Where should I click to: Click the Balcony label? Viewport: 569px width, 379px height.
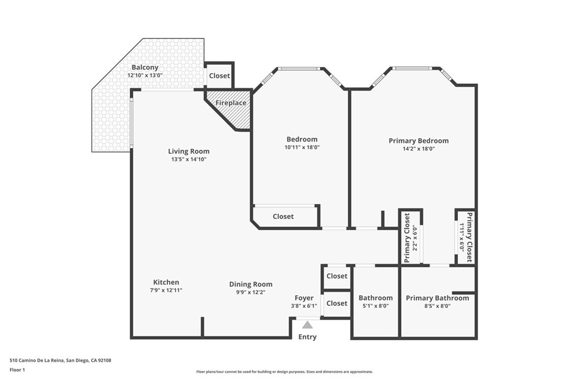pyautogui.click(x=145, y=67)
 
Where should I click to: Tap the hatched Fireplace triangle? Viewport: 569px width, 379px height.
pyautogui.click(x=233, y=114)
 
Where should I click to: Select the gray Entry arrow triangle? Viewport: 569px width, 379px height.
pyautogui.click(x=307, y=325)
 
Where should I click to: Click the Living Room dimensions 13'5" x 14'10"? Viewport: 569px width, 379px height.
pyautogui.click(x=189, y=159)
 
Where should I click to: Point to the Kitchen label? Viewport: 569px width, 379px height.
pyautogui.click(x=166, y=282)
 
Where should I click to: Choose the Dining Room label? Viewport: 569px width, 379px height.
pyautogui.click(x=251, y=284)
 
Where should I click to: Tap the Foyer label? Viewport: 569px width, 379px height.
pyautogui.click(x=304, y=298)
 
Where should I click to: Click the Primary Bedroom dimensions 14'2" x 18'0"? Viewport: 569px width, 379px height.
pyautogui.click(x=418, y=149)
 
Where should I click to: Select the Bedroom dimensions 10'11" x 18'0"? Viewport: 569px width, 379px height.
pyautogui.click(x=302, y=147)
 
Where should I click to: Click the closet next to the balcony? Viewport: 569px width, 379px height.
pyautogui.click(x=219, y=75)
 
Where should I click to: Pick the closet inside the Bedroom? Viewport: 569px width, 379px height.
pyautogui.click(x=283, y=216)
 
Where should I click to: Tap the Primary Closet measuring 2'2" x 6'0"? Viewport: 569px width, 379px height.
pyautogui.click(x=410, y=237)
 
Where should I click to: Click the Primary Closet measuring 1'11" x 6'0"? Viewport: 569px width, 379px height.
pyautogui.click(x=466, y=237)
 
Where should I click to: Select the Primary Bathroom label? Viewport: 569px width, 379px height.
pyautogui.click(x=437, y=298)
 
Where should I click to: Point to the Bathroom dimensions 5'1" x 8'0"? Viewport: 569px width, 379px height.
pyautogui.click(x=376, y=306)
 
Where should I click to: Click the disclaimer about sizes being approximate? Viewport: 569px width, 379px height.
pyautogui.click(x=284, y=372)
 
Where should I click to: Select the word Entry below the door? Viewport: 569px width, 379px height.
pyautogui.click(x=307, y=337)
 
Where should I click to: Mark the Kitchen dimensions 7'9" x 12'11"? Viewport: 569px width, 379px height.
pyautogui.click(x=166, y=290)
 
